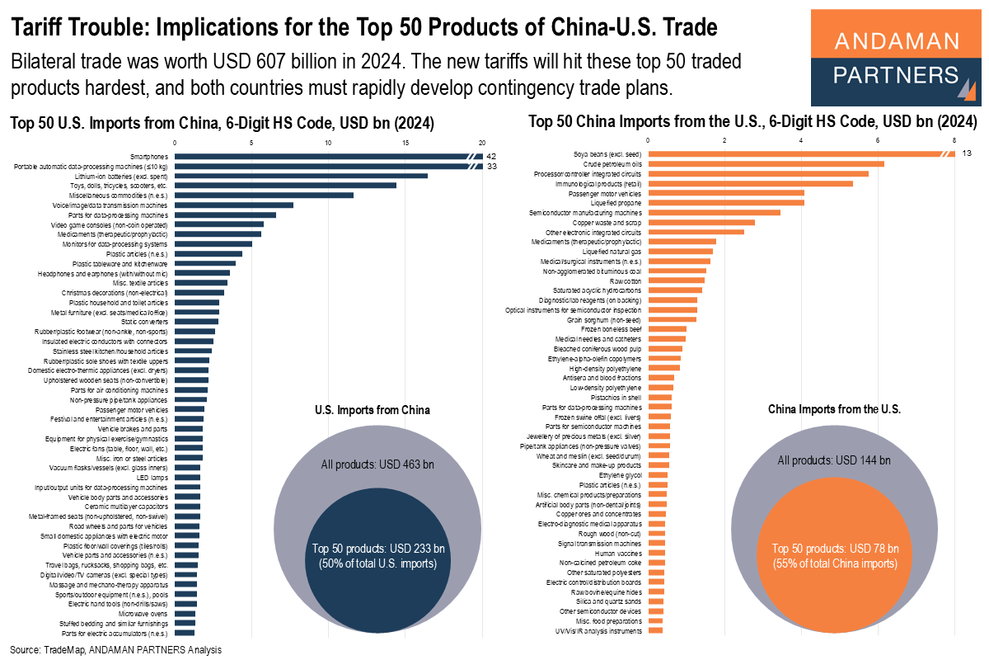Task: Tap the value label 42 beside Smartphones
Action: click(490, 156)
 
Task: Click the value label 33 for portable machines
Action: click(490, 166)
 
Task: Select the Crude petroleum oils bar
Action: click(766, 163)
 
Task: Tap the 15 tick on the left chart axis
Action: click(405, 143)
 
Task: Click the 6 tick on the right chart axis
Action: click(878, 140)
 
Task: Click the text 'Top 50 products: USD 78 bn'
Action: click(835, 549)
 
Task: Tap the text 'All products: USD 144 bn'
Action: click(835, 460)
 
